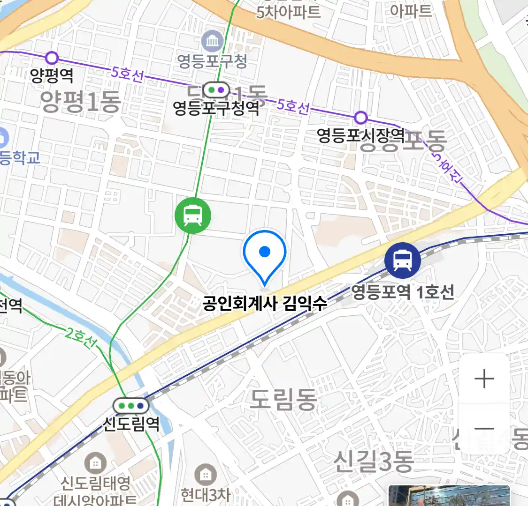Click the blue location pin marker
coord(265,255)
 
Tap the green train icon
coord(193,216)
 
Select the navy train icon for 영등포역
coord(402,260)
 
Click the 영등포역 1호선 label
coord(402,292)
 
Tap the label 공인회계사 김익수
coord(265,304)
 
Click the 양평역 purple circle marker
coord(52,58)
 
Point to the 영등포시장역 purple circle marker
coord(360,117)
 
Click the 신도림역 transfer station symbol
coord(131,406)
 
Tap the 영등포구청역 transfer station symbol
coord(216,89)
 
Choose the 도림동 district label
coord(283,400)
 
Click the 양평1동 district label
coord(81,101)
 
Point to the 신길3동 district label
coord(373,461)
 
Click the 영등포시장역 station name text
coord(360,136)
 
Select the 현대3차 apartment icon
coord(205,475)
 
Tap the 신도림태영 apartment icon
coord(95,464)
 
